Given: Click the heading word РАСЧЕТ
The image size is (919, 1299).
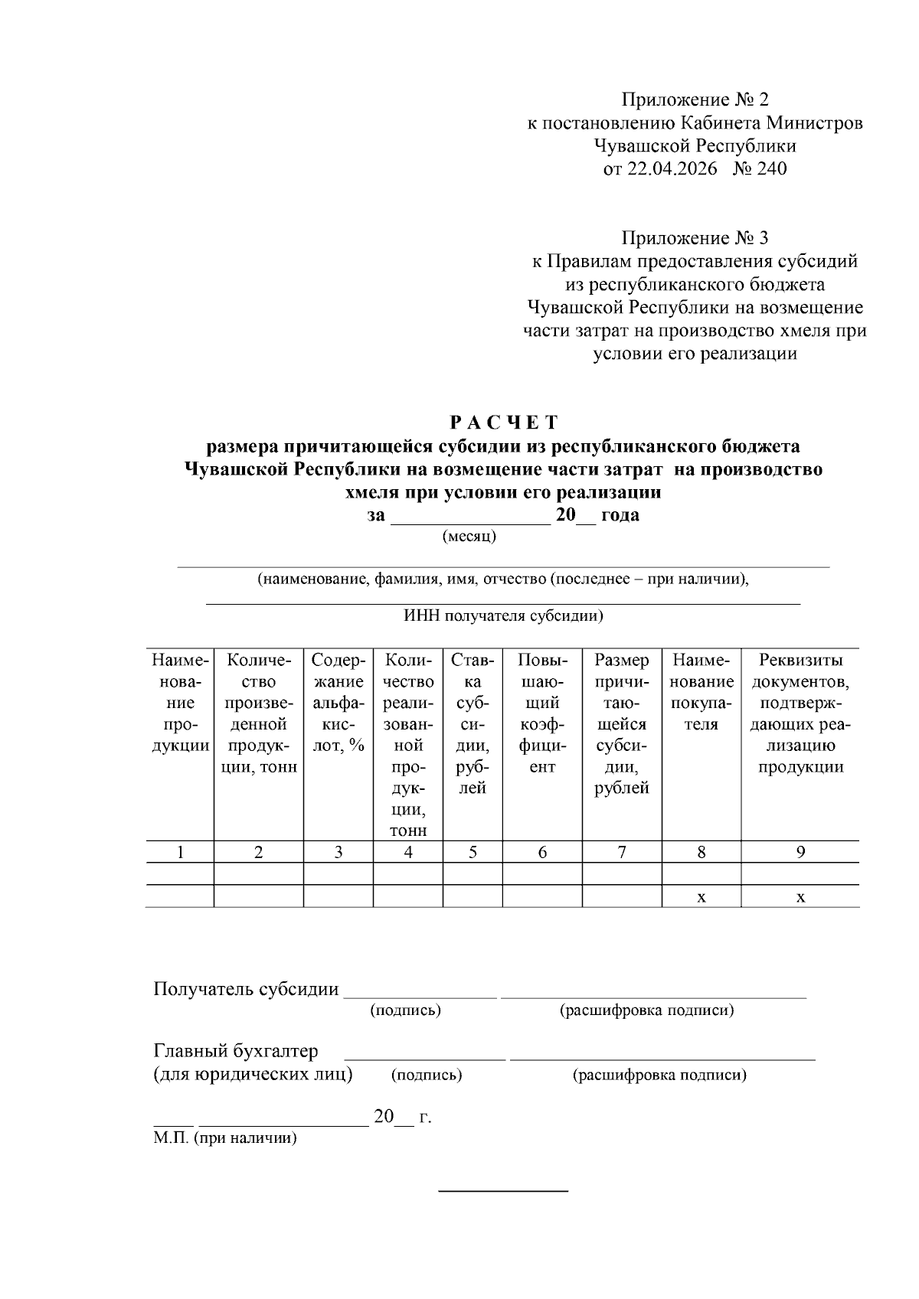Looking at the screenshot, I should click(x=503, y=423).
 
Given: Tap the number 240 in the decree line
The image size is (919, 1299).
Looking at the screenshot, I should click(x=771, y=168).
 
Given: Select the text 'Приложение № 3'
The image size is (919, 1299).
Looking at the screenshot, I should click(x=694, y=238).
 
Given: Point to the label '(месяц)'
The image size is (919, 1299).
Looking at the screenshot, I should click(x=469, y=537).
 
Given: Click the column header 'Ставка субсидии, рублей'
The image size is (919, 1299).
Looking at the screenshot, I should click(x=473, y=723).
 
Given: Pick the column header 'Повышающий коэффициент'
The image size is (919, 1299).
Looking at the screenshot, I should click(x=542, y=713).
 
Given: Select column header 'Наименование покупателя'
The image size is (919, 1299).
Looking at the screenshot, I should click(x=701, y=691).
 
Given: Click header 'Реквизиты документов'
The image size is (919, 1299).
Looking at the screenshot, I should click(x=800, y=713).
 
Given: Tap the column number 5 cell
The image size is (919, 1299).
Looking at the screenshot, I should click(x=473, y=852).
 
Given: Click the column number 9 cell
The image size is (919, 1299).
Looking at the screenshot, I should click(x=800, y=852).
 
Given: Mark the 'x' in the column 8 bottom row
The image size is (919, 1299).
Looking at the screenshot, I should click(x=701, y=897).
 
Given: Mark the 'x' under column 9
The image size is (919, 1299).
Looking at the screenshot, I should click(x=800, y=897).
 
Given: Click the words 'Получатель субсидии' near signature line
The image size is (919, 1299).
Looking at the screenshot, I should click(x=246, y=989).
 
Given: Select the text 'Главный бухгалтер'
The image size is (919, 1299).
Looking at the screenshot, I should click(x=235, y=1051).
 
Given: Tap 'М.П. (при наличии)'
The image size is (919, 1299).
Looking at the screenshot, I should click(x=224, y=1138).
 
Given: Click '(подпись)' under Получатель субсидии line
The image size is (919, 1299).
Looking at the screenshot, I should click(x=405, y=1010).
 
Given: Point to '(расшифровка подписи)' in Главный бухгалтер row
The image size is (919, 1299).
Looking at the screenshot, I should click(x=659, y=1075).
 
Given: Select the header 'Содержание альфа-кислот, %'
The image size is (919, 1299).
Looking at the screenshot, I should click(x=338, y=702).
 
